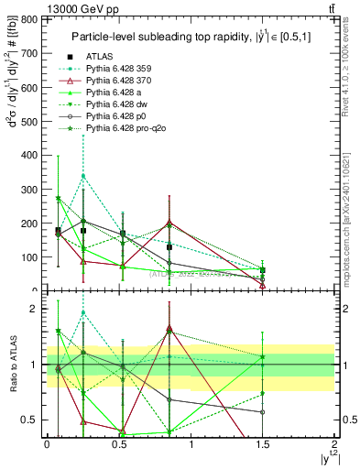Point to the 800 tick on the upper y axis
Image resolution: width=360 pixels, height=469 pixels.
[44, 19]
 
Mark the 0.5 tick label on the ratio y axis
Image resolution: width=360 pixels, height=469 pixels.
[32, 420]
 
